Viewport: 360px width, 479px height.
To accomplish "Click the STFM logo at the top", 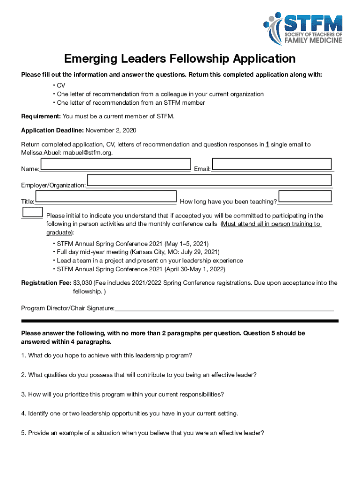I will click(x=302, y=29).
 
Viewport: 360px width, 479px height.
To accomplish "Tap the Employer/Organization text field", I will click(x=209, y=181).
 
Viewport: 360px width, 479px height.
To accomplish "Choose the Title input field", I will click(x=106, y=196).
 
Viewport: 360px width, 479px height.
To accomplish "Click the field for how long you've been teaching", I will click(x=305, y=196).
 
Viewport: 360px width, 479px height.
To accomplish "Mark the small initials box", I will click(x=33, y=212).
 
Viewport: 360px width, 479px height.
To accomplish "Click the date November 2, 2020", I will click(x=111, y=130).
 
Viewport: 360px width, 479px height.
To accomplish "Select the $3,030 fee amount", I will click(x=82, y=283).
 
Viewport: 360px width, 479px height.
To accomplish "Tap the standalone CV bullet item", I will click(x=61, y=86).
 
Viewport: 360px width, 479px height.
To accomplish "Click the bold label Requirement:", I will click(x=41, y=116).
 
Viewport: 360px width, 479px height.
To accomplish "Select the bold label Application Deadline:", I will click(x=52, y=130).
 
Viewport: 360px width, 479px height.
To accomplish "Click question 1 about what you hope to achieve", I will click(x=107, y=356).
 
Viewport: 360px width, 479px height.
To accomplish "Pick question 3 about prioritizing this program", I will click(x=122, y=394).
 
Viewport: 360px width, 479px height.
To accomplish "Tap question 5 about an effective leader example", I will click(x=143, y=433).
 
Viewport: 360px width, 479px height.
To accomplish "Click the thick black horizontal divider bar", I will click(x=180, y=321).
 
